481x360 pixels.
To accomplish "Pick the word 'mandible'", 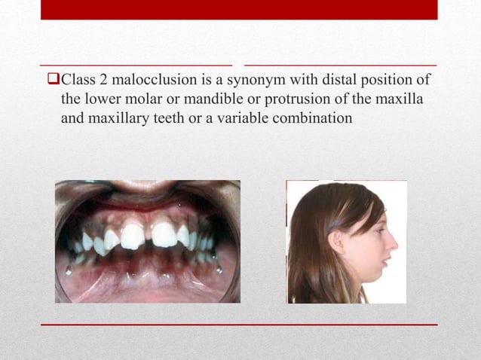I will click(x=198, y=99).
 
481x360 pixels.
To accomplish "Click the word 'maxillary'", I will click(x=115, y=118).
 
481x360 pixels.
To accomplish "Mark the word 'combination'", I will click(x=311, y=118).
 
